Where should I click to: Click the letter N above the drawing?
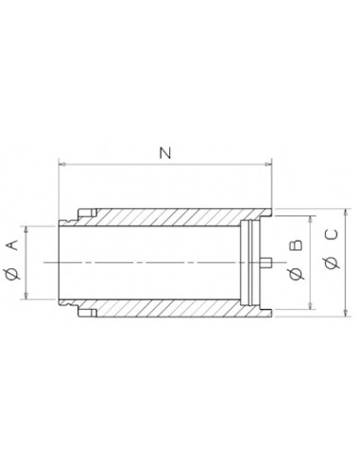tap(165, 153)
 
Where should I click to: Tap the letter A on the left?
tap(12, 245)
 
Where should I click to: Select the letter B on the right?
tap(296, 246)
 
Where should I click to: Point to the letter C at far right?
tap(332, 234)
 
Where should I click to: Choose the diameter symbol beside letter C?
tap(332, 263)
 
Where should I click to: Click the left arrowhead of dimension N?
tap(62, 164)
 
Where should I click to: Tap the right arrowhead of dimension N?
tap(267, 164)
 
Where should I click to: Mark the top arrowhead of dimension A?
tap(26, 230)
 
